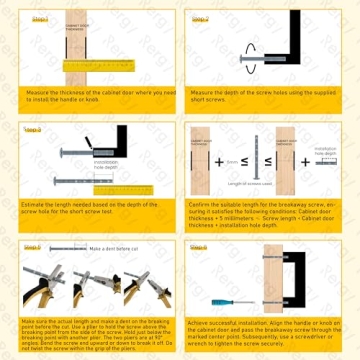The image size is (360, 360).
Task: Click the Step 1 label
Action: pos(40,19)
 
